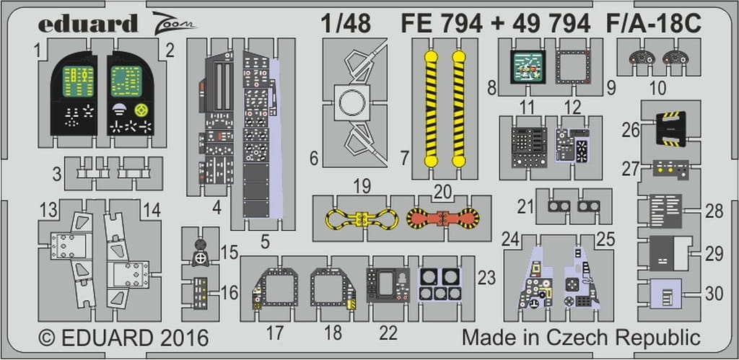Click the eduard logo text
pos(87,24)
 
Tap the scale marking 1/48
pos(346,23)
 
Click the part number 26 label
pos(630,131)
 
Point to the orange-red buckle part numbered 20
pos(442,218)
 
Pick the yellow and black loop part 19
pos(362,219)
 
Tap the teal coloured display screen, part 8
pos(528,67)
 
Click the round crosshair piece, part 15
pos(201,258)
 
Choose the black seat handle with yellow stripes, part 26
pos(670,128)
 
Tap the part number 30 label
pos(714,294)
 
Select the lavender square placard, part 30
pos(665,294)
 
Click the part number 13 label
pos(48,211)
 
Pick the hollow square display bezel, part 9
pos(574,67)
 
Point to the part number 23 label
pos(486,278)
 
